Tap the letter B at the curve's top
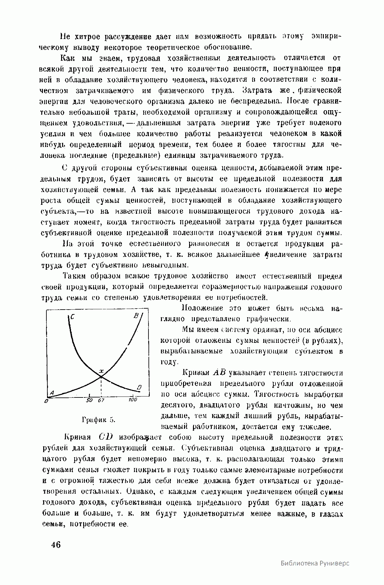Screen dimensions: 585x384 (135, 316)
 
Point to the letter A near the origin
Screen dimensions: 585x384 (52, 393)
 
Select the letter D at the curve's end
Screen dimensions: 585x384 (139, 387)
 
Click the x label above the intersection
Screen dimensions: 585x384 (101, 371)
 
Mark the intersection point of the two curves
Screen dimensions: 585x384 (101, 376)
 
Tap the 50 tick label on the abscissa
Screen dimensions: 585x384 (89, 400)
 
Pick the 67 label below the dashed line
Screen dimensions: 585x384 (101, 400)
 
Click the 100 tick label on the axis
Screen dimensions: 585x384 (132, 399)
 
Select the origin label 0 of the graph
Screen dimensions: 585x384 (47, 401)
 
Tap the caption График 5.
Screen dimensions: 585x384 (99, 420)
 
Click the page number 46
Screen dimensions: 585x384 (56, 545)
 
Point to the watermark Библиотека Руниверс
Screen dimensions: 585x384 (315, 563)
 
